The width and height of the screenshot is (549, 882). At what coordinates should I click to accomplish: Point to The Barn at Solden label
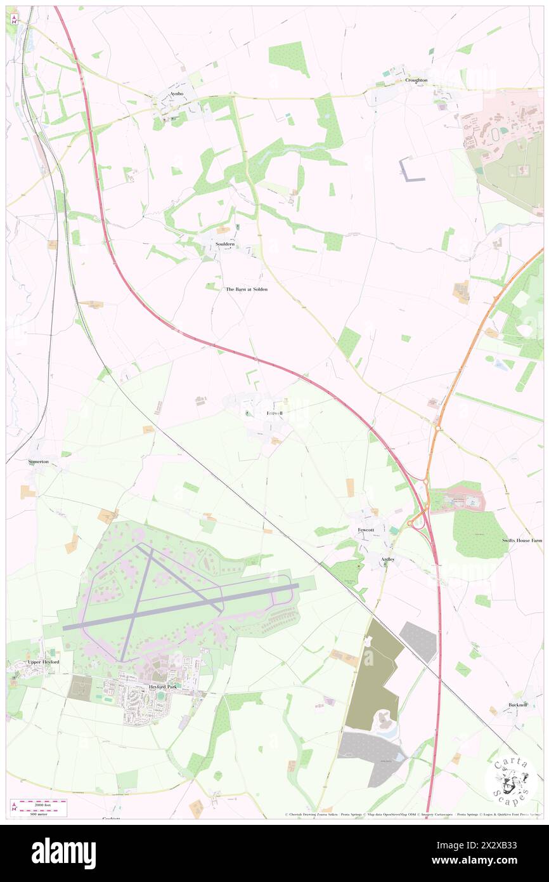(x=247, y=289)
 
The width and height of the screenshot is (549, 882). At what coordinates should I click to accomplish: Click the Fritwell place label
(x=274, y=413)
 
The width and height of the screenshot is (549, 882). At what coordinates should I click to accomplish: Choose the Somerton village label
(x=38, y=462)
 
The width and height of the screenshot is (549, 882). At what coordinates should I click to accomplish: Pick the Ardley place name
(x=387, y=559)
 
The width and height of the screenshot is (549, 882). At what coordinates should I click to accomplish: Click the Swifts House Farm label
(x=522, y=540)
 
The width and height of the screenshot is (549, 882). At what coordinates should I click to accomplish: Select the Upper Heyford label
(x=43, y=662)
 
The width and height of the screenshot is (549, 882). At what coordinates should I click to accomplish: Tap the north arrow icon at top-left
(x=14, y=18)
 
